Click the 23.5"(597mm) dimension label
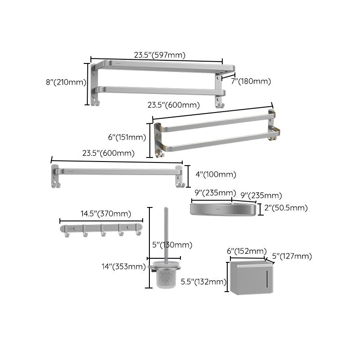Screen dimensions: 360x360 click(x=160, y=55)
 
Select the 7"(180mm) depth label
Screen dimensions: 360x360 click(x=251, y=81)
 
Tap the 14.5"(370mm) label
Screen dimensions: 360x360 click(x=106, y=214)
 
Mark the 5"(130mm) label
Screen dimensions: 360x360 click(x=172, y=245)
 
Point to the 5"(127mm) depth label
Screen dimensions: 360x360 click(x=292, y=256)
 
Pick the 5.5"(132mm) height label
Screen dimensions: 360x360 click(x=203, y=282)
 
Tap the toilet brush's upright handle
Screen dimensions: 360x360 click(x=166, y=234)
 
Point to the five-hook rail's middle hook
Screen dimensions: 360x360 click(x=103, y=233)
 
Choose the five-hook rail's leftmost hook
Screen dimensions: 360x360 click(x=67, y=233)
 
